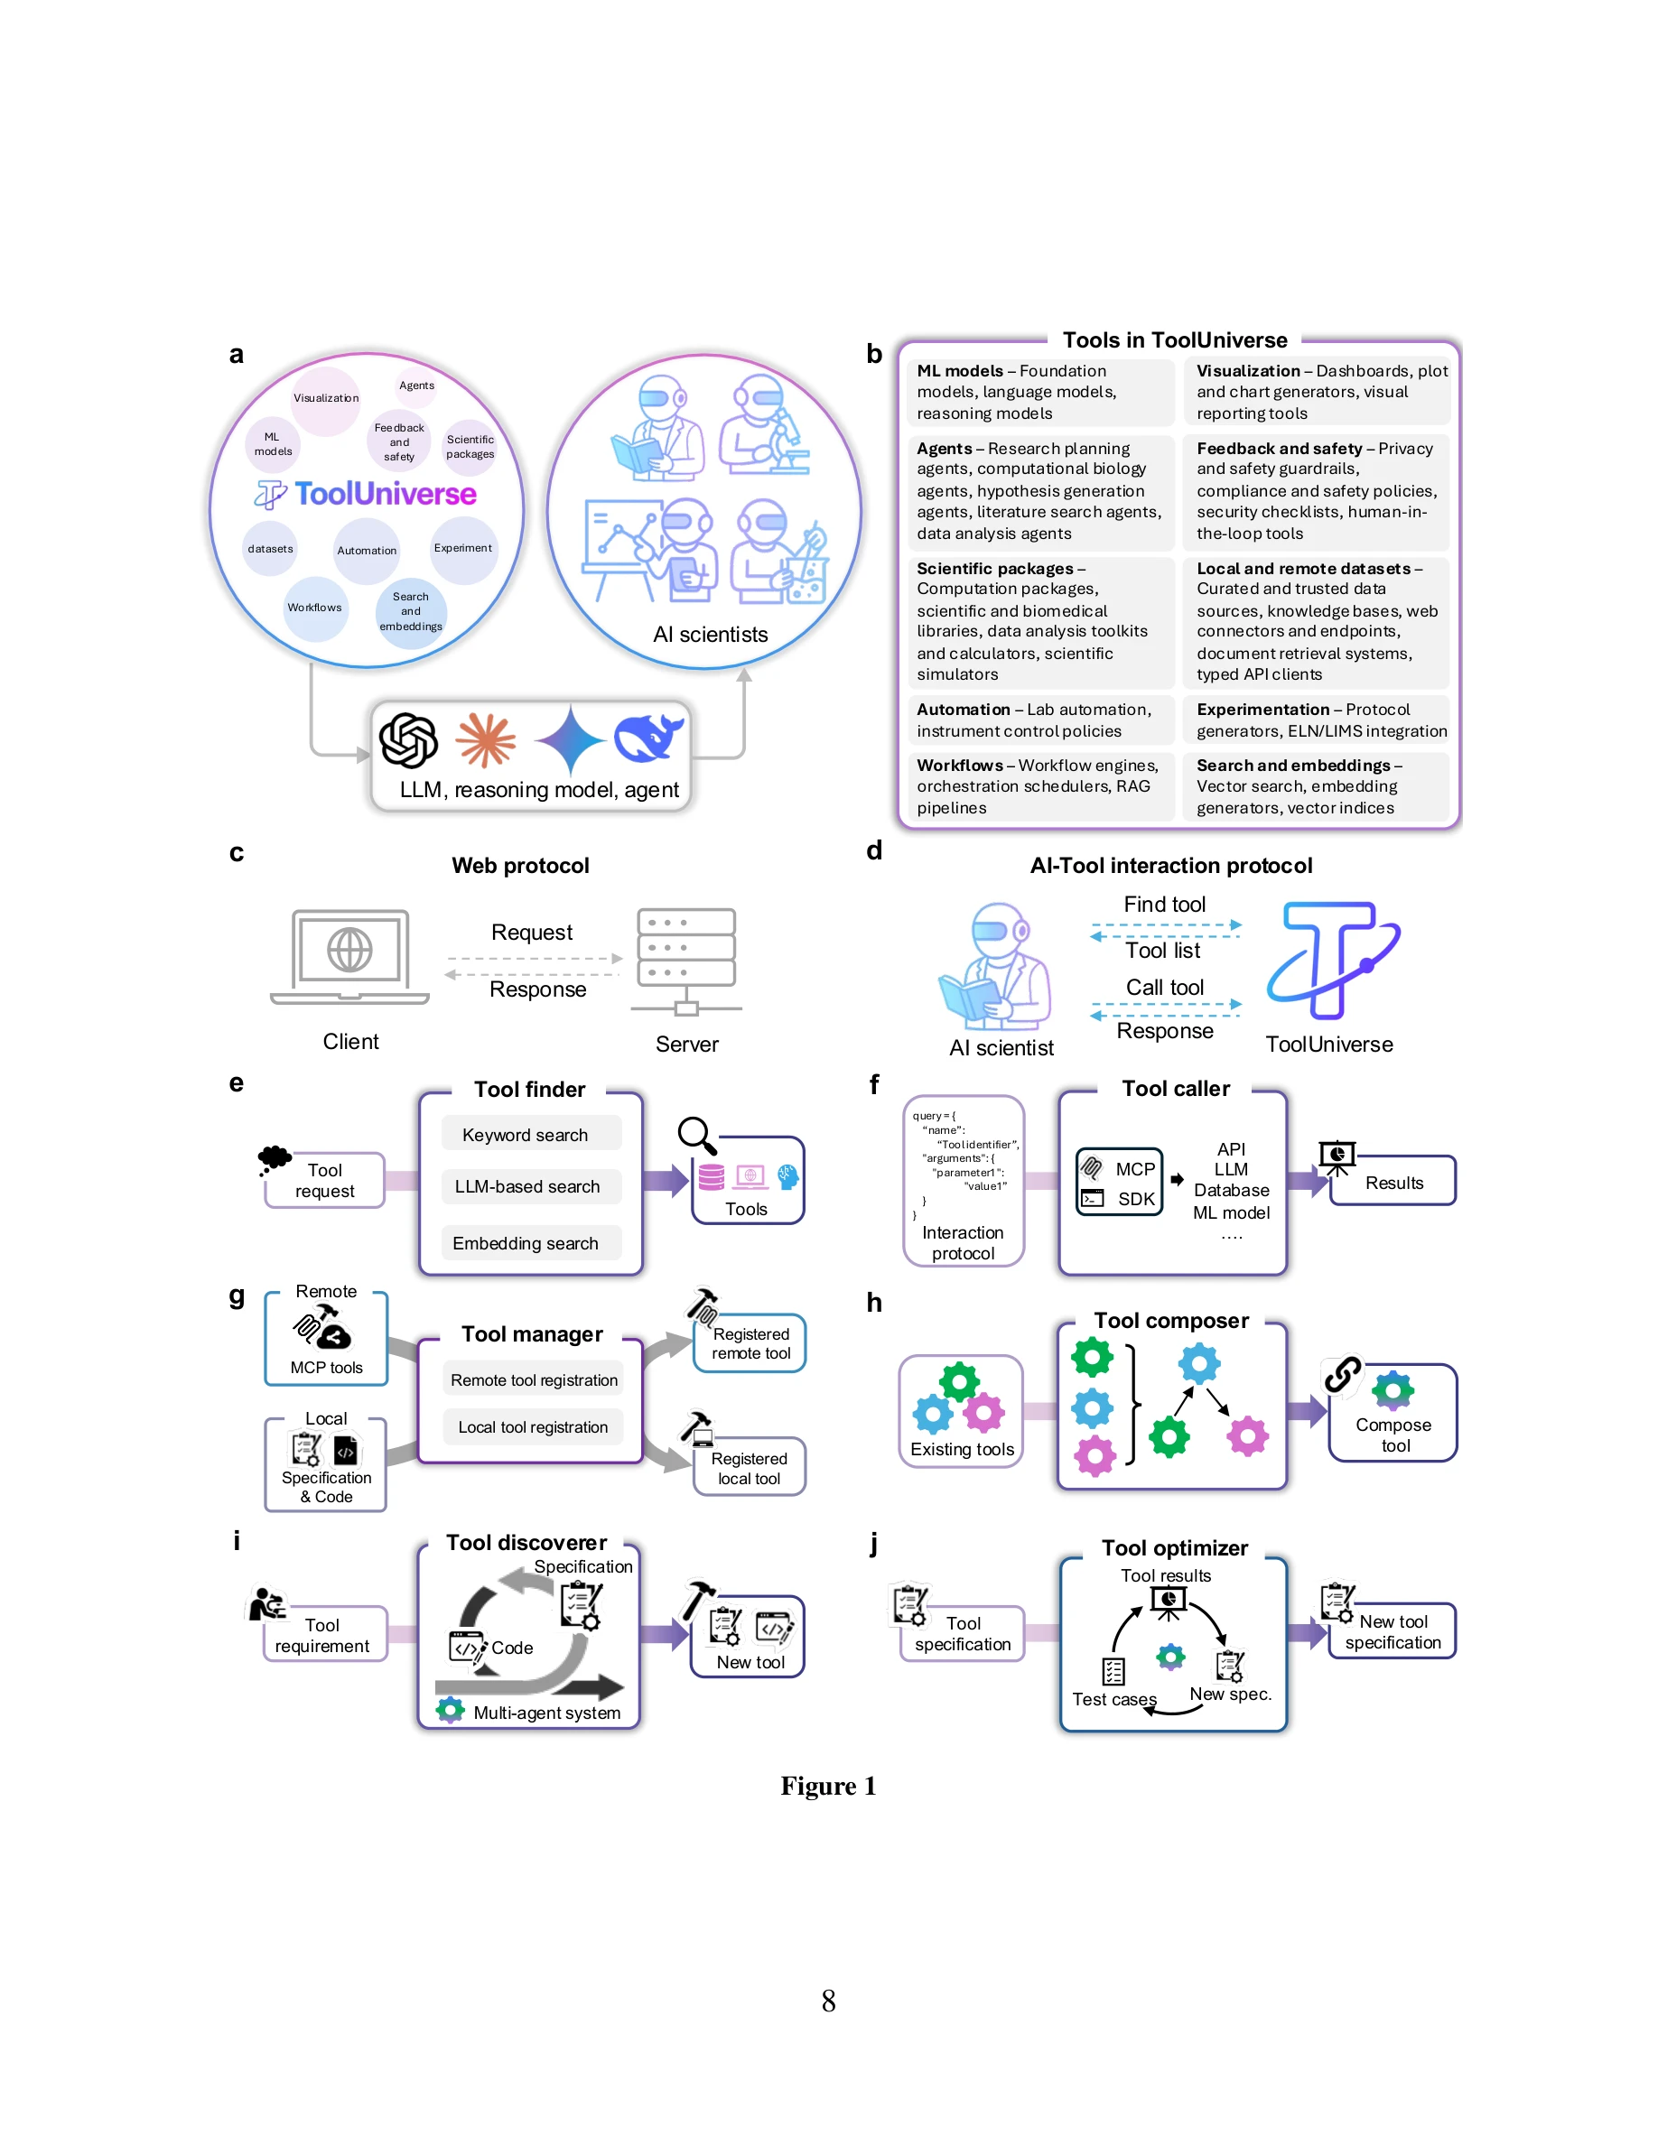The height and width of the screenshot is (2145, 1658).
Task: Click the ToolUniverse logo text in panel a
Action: pos(384,493)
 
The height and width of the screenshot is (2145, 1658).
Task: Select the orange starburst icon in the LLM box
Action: pos(485,739)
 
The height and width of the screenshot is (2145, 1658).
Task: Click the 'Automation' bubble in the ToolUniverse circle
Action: pos(367,550)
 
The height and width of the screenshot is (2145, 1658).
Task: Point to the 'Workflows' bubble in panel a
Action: pos(314,608)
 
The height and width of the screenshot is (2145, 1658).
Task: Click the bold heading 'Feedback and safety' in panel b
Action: pos(1278,449)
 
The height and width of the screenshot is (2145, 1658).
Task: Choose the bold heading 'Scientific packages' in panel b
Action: pos(994,569)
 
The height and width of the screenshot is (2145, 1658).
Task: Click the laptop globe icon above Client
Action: pos(349,951)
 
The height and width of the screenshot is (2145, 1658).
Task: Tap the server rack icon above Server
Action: pos(685,959)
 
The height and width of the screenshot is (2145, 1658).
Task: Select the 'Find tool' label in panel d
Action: pos(1164,905)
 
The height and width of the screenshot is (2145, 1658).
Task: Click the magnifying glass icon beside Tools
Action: pos(696,1136)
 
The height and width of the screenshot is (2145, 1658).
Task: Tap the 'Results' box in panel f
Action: pos(1393,1183)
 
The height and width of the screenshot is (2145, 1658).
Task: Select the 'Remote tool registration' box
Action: pos(534,1380)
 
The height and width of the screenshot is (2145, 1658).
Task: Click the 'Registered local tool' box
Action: pos(749,1468)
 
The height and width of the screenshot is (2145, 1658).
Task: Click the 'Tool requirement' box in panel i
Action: pos(323,1635)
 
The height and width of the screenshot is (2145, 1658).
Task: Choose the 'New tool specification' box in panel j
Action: pos(1392,1632)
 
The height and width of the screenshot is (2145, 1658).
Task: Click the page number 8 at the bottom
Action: pos(828,2001)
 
